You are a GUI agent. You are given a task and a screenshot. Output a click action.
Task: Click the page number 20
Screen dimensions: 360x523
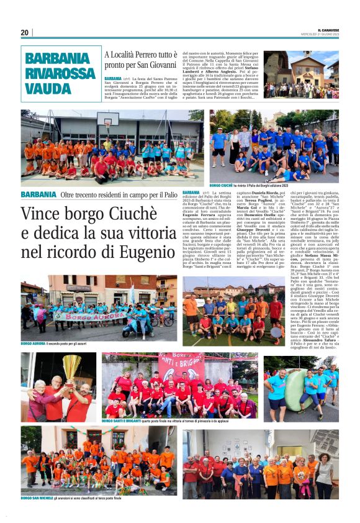click(x=25, y=33)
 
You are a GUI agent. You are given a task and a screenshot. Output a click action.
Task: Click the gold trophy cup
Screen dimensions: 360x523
click(x=72, y=367)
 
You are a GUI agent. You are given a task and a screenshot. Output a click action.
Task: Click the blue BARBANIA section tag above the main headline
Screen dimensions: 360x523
click(x=38, y=194)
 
